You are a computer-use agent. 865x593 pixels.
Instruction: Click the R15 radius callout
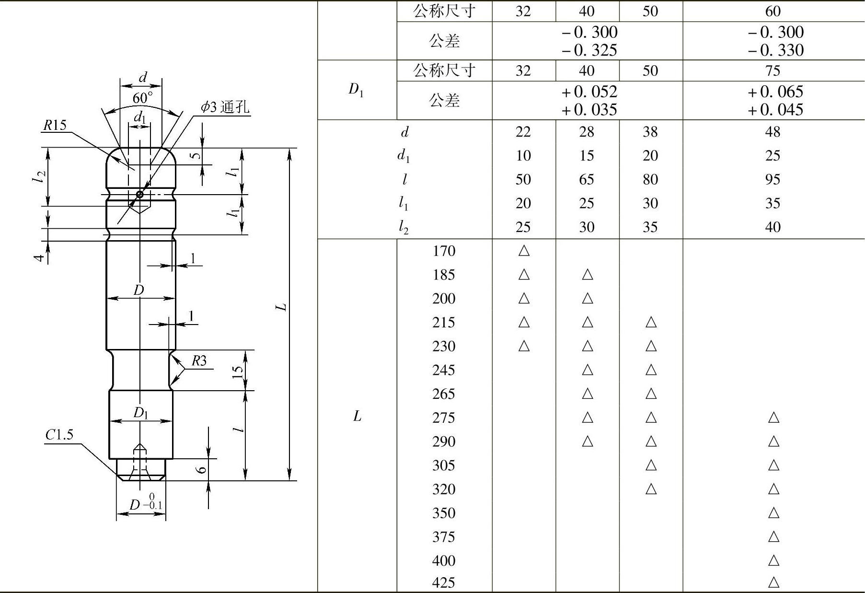[55, 125]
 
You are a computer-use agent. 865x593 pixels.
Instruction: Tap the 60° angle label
[143, 98]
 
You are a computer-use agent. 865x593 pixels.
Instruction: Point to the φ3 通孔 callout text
[225, 106]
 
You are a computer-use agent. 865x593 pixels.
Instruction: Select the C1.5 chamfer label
[59, 435]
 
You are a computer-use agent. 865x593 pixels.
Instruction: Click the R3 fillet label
[199, 360]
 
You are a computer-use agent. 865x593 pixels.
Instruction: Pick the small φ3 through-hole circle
[139, 194]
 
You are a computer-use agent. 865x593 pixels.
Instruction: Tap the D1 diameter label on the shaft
[140, 413]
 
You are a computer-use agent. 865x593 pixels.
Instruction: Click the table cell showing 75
[773, 71]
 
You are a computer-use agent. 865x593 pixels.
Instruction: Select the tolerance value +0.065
[775, 92]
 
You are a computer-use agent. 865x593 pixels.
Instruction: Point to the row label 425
[443, 583]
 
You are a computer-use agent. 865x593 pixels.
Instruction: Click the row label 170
[443, 251]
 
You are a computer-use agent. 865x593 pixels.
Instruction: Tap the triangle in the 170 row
[524, 251]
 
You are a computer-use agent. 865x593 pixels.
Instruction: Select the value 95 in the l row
[773, 179]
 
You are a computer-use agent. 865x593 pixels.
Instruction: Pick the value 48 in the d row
[773, 132]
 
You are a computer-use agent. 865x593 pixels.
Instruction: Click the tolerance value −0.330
[775, 50]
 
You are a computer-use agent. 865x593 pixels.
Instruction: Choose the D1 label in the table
[356, 90]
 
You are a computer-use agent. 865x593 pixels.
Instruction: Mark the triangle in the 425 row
[773, 583]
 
